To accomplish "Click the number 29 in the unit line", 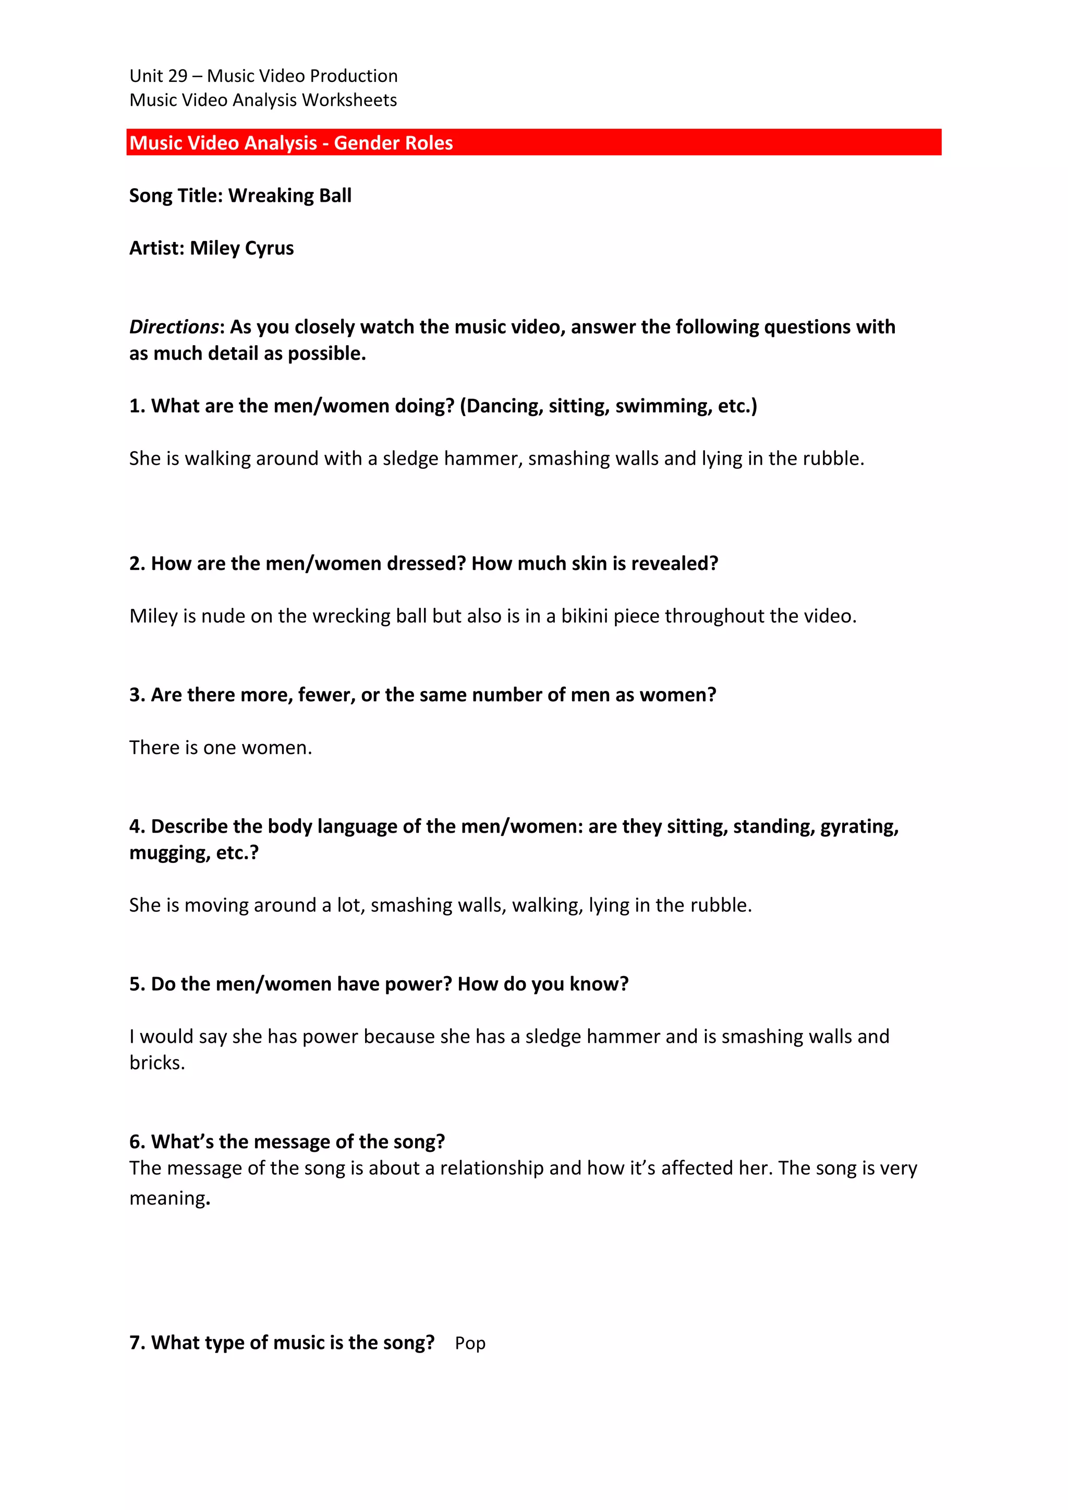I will [177, 76].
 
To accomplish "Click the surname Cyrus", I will [269, 248].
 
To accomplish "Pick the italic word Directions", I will [174, 327].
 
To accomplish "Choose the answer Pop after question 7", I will [470, 1343].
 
